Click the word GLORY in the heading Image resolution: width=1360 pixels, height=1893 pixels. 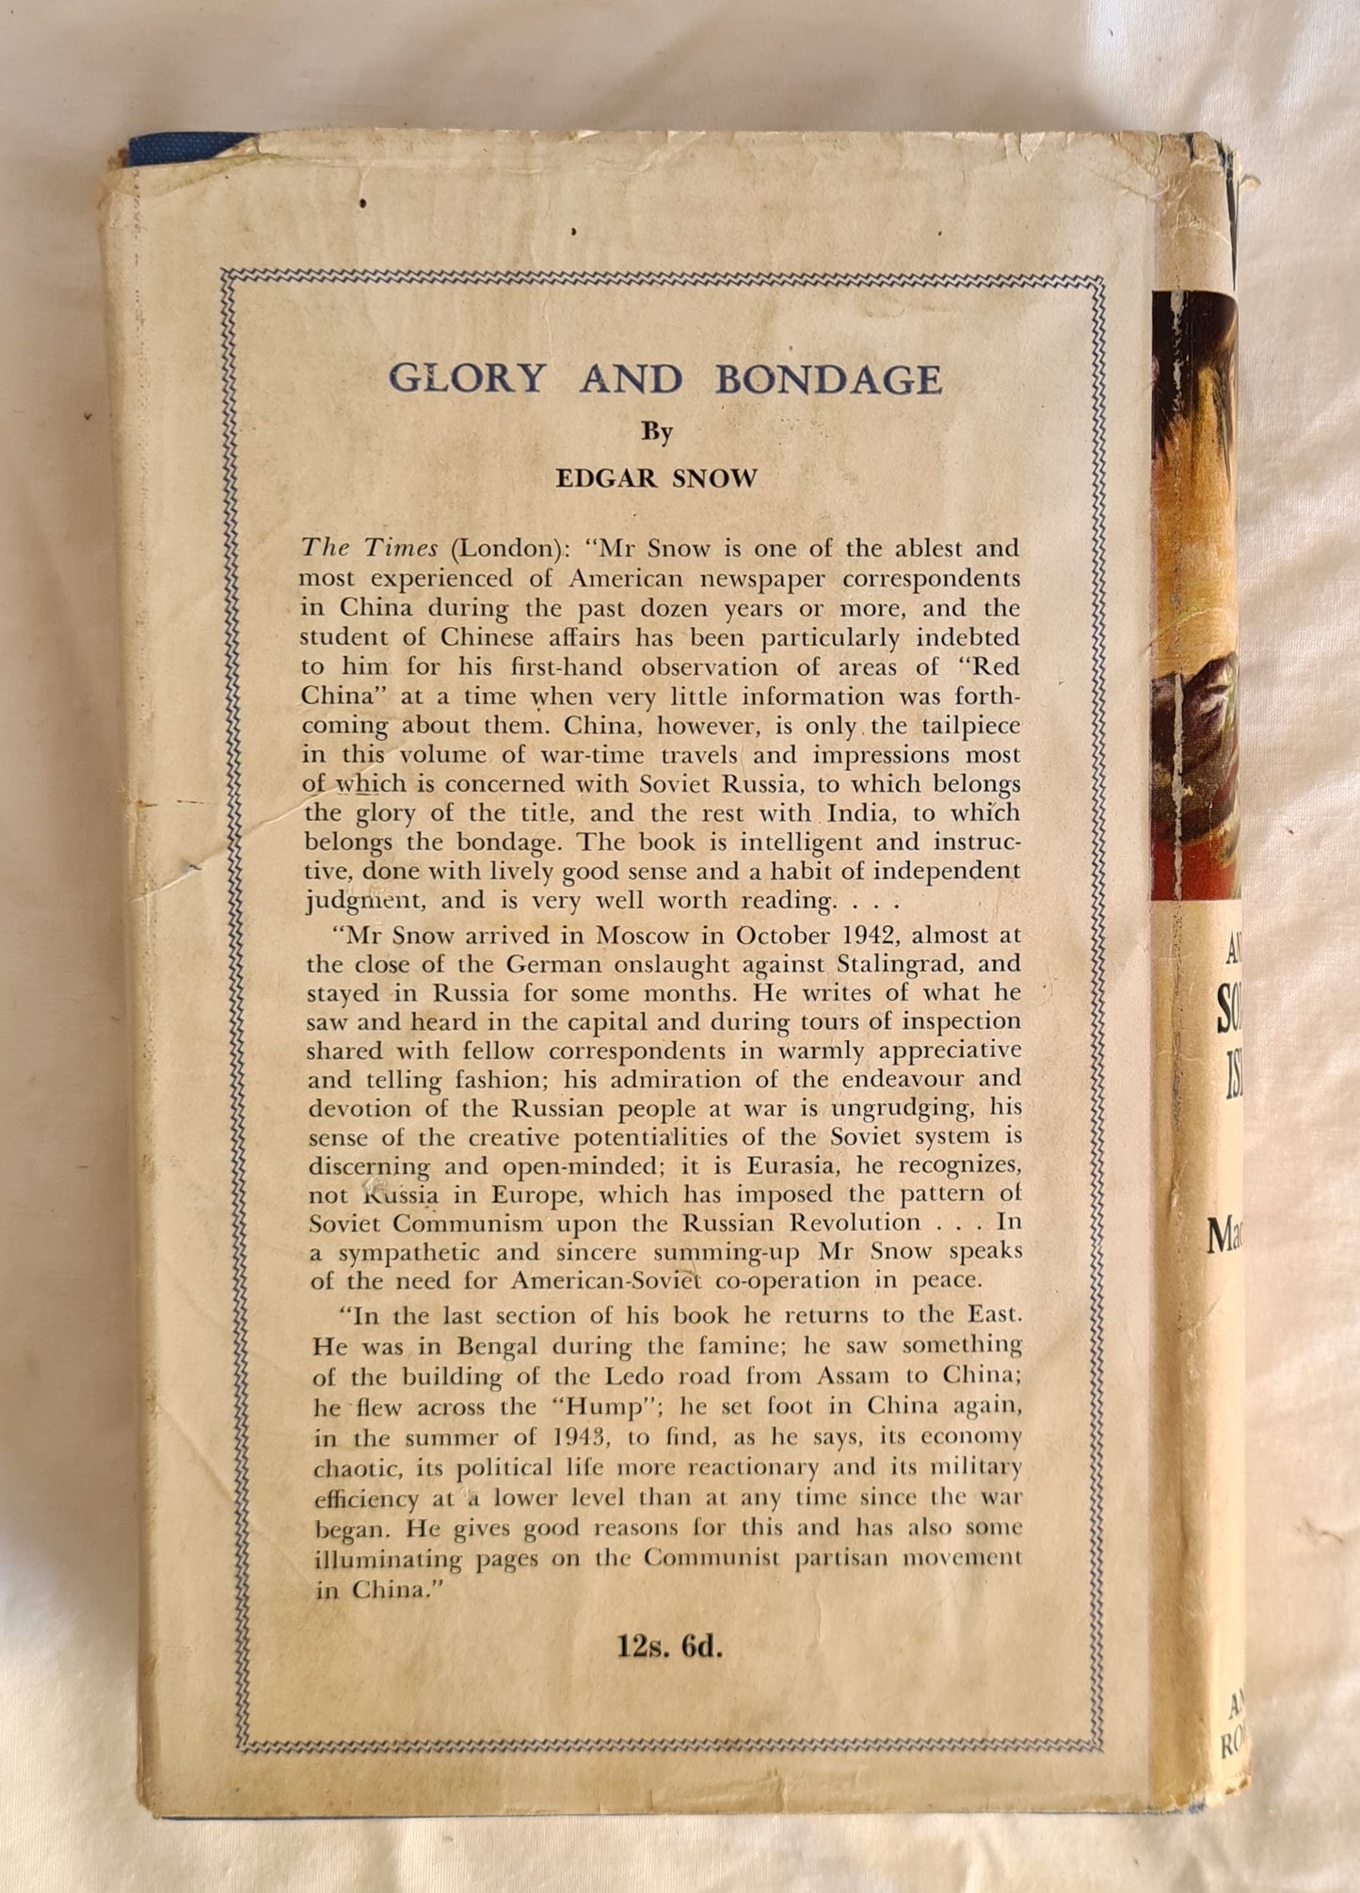pos(467,378)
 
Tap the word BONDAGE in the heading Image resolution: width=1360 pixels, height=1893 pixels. pos(828,378)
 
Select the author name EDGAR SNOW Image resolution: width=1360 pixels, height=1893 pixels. pos(656,478)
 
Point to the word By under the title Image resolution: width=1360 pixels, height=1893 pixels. pos(657,432)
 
